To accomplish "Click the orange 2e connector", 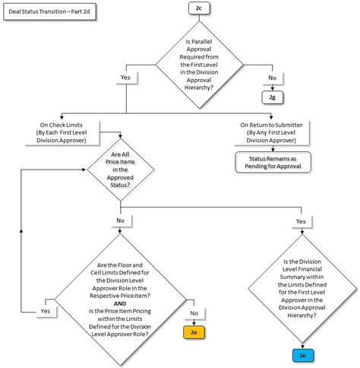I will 193,332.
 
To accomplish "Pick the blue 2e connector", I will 302,355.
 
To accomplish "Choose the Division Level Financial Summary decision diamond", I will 302,289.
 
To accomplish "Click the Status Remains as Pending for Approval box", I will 271,161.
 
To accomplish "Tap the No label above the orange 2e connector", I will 193,312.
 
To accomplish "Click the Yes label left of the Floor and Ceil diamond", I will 45,312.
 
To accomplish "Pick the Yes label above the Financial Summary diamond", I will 302,221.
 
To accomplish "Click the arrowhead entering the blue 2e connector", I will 302,347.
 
